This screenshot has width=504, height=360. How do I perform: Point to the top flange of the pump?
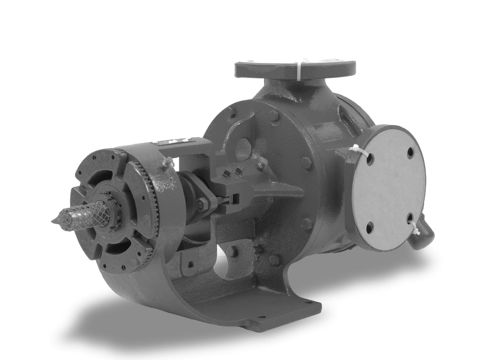(295, 69)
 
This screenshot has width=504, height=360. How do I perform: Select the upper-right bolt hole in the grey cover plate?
(410, 152)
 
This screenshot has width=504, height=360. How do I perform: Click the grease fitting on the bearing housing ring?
(168, 163)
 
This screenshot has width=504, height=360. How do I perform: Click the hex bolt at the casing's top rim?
(273, 115)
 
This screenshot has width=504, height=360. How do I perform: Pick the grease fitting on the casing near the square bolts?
(261, 163)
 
